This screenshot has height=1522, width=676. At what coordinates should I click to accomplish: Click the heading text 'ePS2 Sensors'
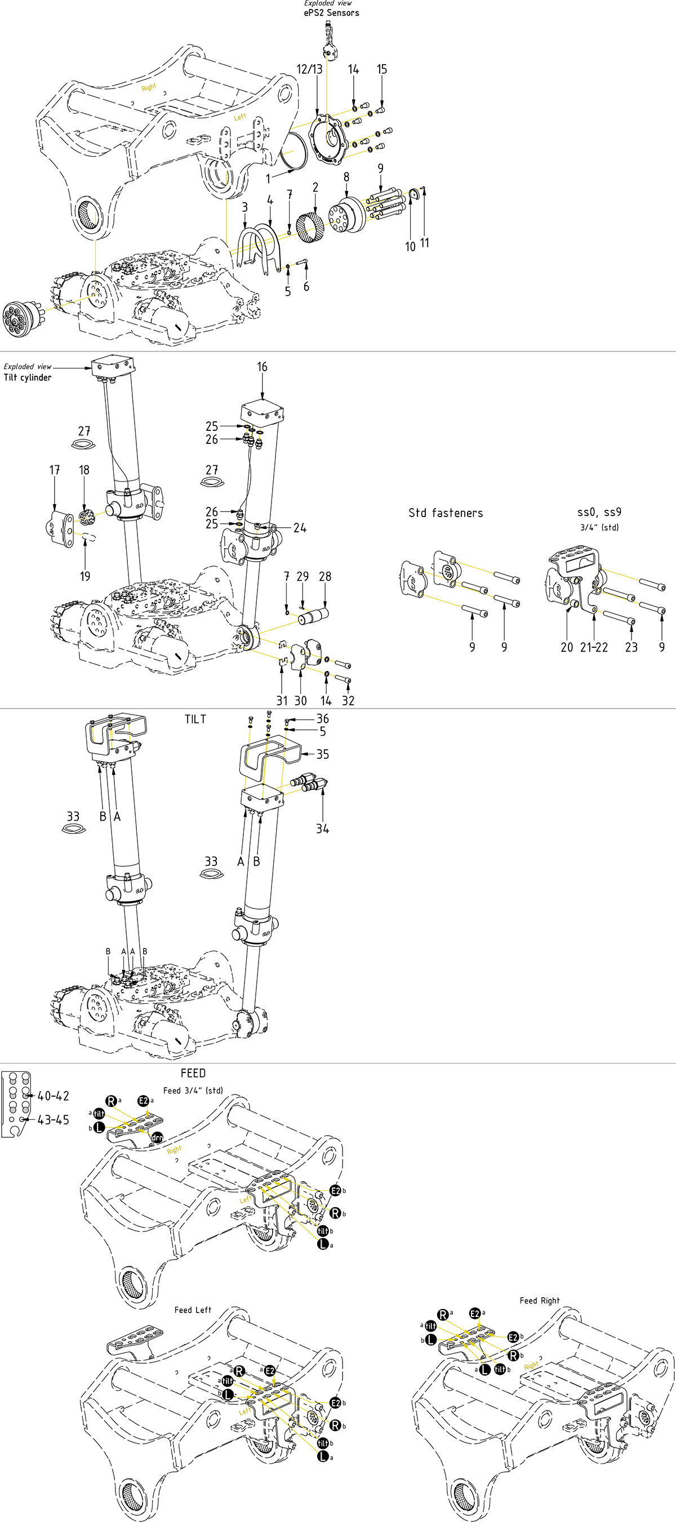point(331,13)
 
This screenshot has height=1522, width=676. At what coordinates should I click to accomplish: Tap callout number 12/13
point(310,70)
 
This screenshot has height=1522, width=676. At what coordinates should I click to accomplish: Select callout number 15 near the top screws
point(382,70)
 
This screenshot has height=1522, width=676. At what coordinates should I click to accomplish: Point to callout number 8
point(346,177)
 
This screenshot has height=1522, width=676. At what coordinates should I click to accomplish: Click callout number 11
point(425,243)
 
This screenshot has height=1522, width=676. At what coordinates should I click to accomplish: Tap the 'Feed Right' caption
point(540,1301)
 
